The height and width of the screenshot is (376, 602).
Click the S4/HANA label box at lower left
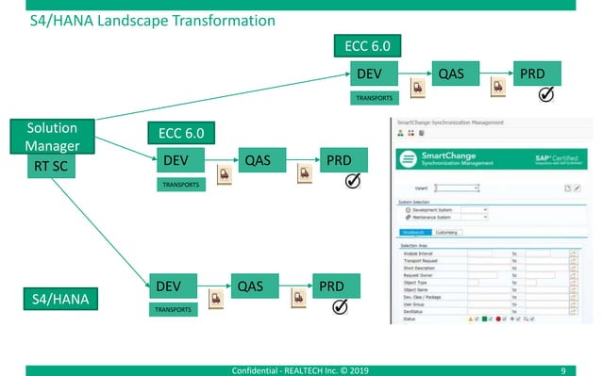[x=52, y=301]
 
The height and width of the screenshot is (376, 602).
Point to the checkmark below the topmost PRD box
[x=545, y=94]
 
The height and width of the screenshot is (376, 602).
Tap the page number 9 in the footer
[x=563, y=368]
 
